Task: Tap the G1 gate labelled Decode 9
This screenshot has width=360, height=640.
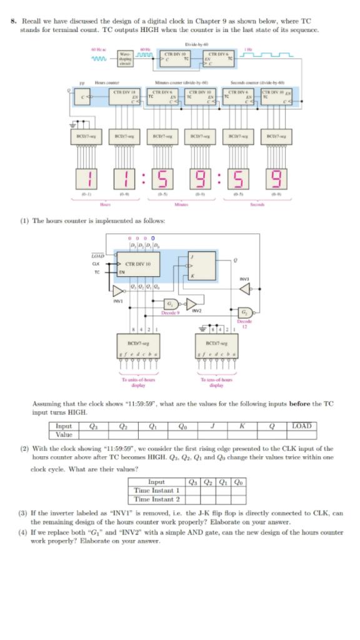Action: click(170, 304)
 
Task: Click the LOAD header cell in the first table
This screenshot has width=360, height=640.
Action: click(304, 426)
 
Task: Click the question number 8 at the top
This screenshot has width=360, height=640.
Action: click(13, 21)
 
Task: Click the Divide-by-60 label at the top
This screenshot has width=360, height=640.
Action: click(195, 44)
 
